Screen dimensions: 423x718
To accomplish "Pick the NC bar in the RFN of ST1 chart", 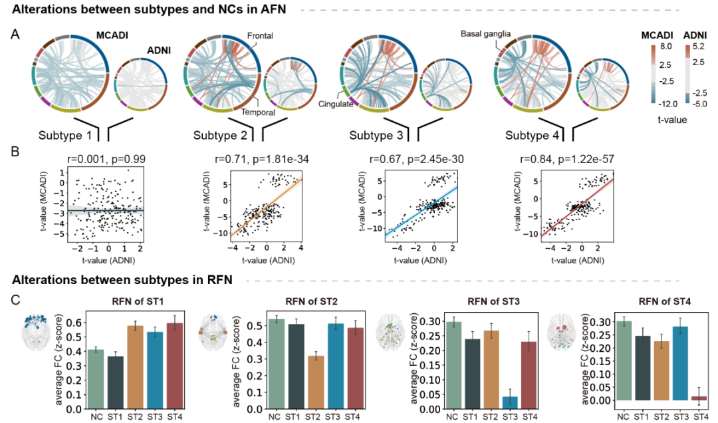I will (95, 379).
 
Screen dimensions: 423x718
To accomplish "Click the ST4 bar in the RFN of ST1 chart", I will (175, 366).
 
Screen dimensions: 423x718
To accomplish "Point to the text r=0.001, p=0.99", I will (99, 159).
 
